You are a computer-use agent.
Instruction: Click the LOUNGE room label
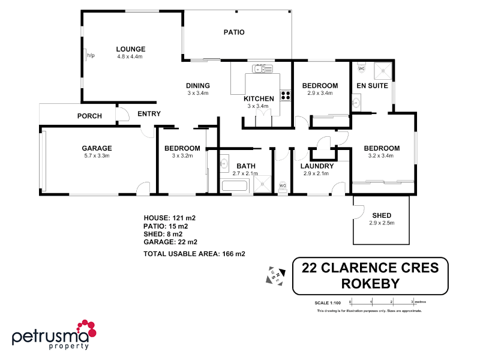131,49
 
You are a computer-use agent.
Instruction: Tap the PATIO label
234,32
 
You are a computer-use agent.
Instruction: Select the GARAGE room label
97,148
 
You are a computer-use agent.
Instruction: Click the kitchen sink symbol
262,70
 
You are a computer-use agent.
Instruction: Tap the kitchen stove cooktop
286,95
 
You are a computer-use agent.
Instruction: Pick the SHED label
382,215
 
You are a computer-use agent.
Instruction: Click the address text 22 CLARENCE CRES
370,268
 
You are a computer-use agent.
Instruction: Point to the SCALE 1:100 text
328,302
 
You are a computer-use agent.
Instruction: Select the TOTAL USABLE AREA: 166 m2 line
194,254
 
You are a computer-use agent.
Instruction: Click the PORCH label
89,116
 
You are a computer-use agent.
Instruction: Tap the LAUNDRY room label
317,166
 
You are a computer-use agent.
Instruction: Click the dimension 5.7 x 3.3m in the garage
97,155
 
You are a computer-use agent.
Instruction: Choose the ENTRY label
149,114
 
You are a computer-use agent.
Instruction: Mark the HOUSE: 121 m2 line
170,217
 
